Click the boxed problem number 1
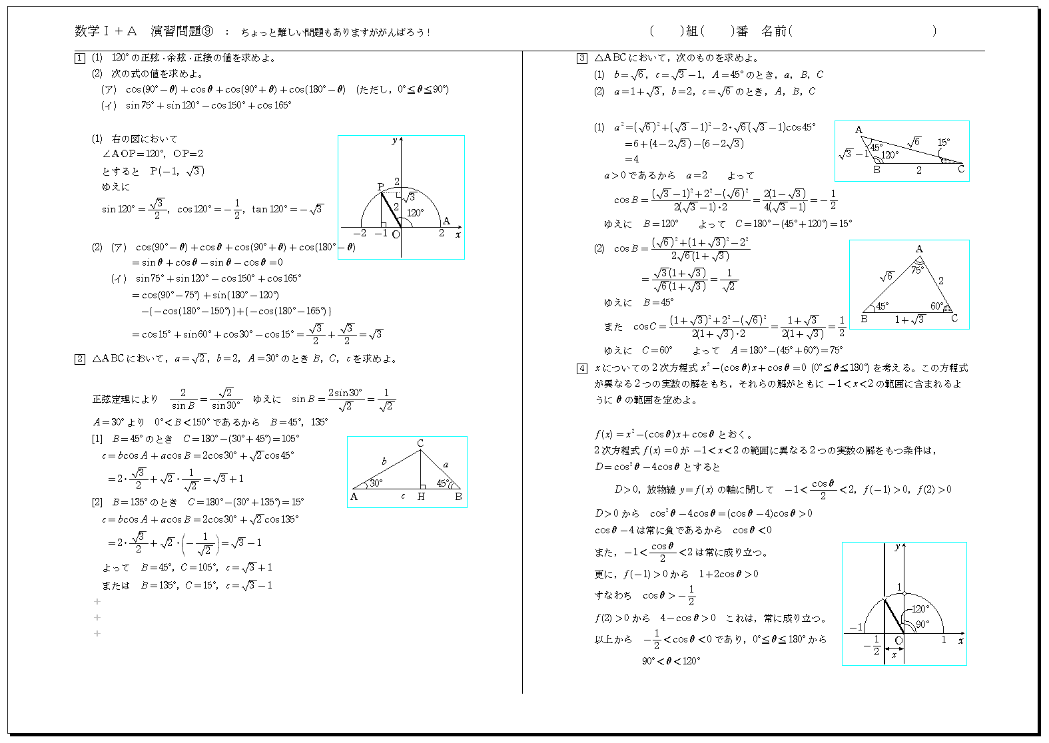pyautogui.click(x=80, y=58)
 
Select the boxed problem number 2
pyautogui.click(x=80, y=360)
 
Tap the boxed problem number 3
pyautogui.click(x=581, y=58)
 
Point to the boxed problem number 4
pyautogui.click(x=581, y=368)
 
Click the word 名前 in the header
pyautogui.click(x=774, y=31)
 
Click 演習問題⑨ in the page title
pyautogui.click(x=182, y=31)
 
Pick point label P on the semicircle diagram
pyautogui.click(x=380, y=187)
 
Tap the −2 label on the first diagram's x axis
pyautogui.click(x=360, y=234)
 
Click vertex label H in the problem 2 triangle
pyautogui.click(x=421, y=497)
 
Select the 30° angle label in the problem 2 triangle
pyautogui.click(x=376, y=483)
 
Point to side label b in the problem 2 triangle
pyautogui.click(x=384, y=461)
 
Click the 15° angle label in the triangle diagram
pyautogui.click(x=944, y=142)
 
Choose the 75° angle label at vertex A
pyautogui.click(x=917, y=270)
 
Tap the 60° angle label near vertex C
pyautogui.click(x=936, y=306)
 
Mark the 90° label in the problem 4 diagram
pyautogui.click(x=922, y=624)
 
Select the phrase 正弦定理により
pyautogui.click(x=125, y=399)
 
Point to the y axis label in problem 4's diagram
pyautogui.click(x=897, y=547)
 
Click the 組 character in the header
pyautogui.click(x=692, y=31)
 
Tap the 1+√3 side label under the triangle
pyautogui.click(x=909, y=320)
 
